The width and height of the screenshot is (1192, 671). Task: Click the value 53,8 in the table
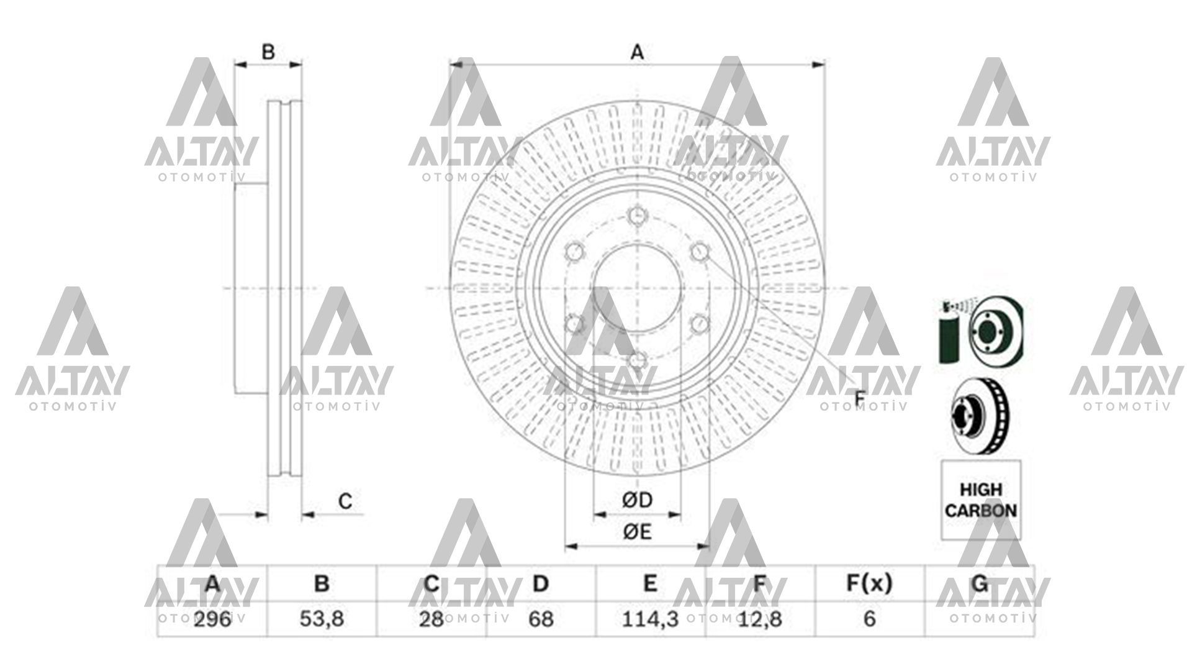321,619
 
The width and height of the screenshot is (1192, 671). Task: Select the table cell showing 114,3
650,619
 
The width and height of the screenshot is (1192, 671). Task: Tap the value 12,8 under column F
759,619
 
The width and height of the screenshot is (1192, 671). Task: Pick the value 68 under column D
541,619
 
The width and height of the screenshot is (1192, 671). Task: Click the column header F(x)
869,583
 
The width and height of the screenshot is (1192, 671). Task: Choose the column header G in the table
979,583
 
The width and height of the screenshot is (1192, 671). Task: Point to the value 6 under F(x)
869,619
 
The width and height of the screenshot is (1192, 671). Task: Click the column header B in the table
321,583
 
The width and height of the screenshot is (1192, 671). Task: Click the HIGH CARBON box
980,500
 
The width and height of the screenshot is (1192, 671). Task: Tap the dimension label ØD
637,500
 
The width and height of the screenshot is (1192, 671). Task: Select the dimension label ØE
637,532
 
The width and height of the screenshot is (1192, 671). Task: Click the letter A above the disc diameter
637,53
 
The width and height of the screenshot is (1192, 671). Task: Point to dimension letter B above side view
268,52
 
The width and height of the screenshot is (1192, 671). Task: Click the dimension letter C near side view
345,501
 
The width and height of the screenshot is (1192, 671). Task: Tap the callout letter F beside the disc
860,398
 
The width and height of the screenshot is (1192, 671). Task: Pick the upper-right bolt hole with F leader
700,252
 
